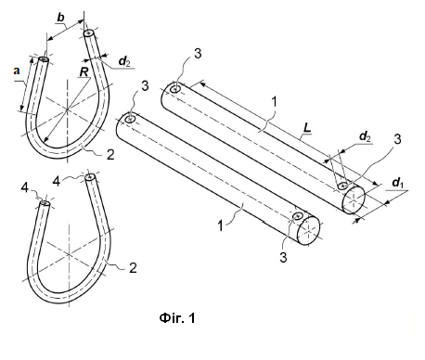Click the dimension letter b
point(61,18)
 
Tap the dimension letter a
point(17,71)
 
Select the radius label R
point(84,71)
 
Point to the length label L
point(307,128)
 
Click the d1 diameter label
point(397,183)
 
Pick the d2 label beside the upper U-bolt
point(124,61)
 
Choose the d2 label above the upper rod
point(365,136)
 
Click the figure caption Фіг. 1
point(177,318)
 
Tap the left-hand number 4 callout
point(25,187)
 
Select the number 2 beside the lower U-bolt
point(133,268)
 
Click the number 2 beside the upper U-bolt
point(110,154)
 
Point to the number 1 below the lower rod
point(220,225)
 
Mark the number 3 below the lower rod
point(283,257)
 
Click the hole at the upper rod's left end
point(175,89)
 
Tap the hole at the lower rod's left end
point(130,119)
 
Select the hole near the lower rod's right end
point(297,216)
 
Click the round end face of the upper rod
point(354,200)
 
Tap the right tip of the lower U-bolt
point(90,176)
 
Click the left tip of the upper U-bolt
point(44,59)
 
